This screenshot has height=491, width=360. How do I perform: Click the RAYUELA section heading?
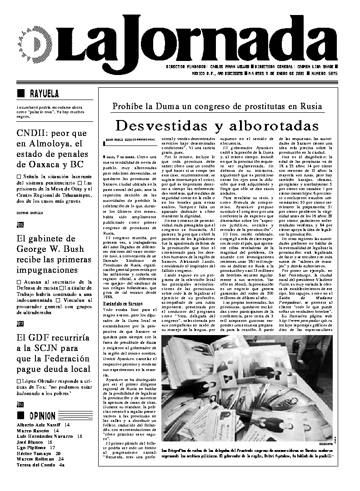coord(44,94)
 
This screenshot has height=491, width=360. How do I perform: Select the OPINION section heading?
coord(42,416)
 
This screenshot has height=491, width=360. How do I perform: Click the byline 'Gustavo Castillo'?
coord(29,212)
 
